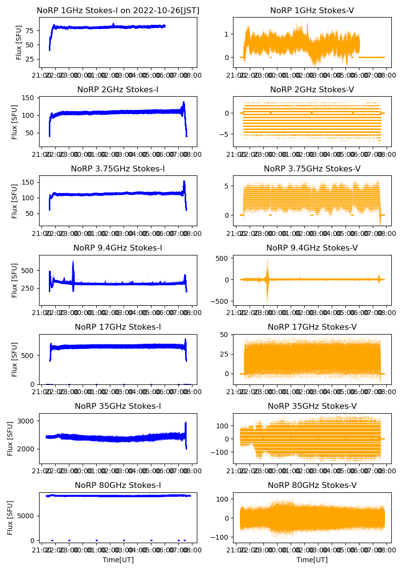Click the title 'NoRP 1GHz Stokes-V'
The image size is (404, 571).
tap(312, 11)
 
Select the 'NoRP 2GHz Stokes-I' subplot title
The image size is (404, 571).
tap(118, 90)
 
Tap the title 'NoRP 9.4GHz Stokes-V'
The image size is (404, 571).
tap(312, 248)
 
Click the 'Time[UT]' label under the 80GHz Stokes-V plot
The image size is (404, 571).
tap(312, 560)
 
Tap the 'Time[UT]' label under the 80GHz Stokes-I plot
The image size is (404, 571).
tap(118, 560)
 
